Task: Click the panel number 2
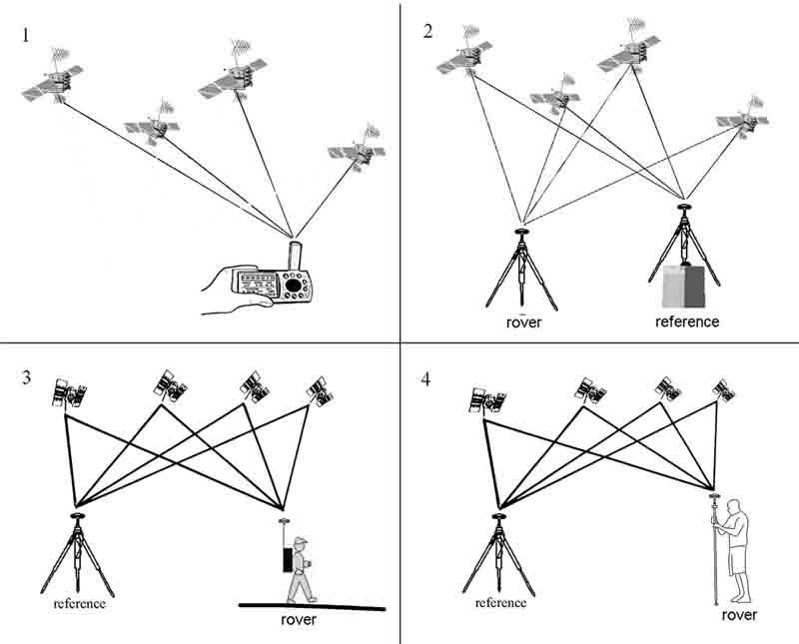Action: (427, 31)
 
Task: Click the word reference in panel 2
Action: (686, 322)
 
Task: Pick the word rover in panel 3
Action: (297, 620)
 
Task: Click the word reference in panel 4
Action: (499, 603)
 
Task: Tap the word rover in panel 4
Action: (739, 615)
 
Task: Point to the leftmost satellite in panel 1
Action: (54, 83)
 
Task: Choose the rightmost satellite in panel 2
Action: (742, 120)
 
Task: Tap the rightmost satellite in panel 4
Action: (724, 389)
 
